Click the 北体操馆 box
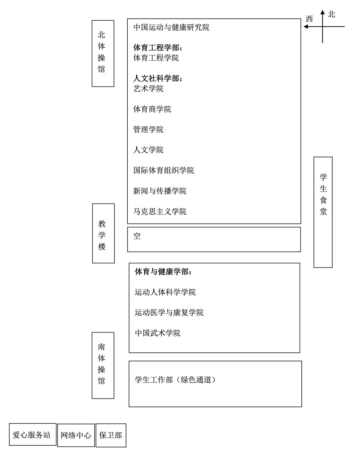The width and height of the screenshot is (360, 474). tap(103, 53)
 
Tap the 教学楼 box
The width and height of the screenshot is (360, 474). tap(103, 233)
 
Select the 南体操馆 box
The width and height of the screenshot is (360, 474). tap(103, 365)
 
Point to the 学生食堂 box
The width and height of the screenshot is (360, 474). tap(323, 212)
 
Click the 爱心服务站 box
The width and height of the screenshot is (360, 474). tap(32, 434)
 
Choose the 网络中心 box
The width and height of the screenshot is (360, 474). tap(76, 435)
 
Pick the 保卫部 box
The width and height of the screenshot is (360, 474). tap(111, 435)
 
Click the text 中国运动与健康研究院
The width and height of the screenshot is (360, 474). tap(171, 27)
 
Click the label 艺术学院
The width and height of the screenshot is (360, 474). tap(148, 89)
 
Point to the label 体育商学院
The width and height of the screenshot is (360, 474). tap(152, 109)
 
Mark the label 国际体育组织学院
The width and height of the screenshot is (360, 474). tap(164, 171)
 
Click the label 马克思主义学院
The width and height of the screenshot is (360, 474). tap(160, 212)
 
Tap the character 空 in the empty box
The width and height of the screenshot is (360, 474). tap(137, 236)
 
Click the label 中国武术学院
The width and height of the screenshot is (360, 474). tap(158, 333)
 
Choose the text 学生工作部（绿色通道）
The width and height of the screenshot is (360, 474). tap(176, 380)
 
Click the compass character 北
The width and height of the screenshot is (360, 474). tap(331, 14)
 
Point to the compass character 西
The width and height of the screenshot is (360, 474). tap(309, 19)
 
